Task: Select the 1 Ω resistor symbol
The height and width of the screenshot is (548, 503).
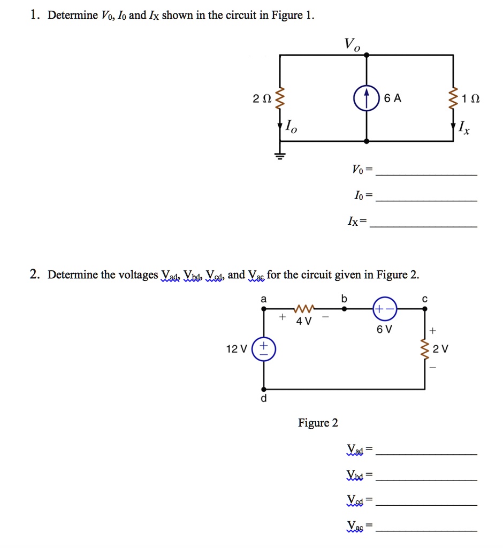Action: [454, 98]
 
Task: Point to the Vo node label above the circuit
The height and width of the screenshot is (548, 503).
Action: [352, 45]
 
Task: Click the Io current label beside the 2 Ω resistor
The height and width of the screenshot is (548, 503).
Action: [289, 127]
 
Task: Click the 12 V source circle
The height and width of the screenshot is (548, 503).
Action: [263, 349]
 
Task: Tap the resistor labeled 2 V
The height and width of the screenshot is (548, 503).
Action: [425, 349]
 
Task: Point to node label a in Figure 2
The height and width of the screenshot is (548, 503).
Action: [263, 299]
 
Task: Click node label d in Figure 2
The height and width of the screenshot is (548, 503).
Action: [263, 399]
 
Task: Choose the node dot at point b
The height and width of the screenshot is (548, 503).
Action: [344, 309]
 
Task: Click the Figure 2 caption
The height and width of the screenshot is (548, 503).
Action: [318, 423]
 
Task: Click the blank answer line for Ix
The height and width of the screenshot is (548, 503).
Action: [424, 227]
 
